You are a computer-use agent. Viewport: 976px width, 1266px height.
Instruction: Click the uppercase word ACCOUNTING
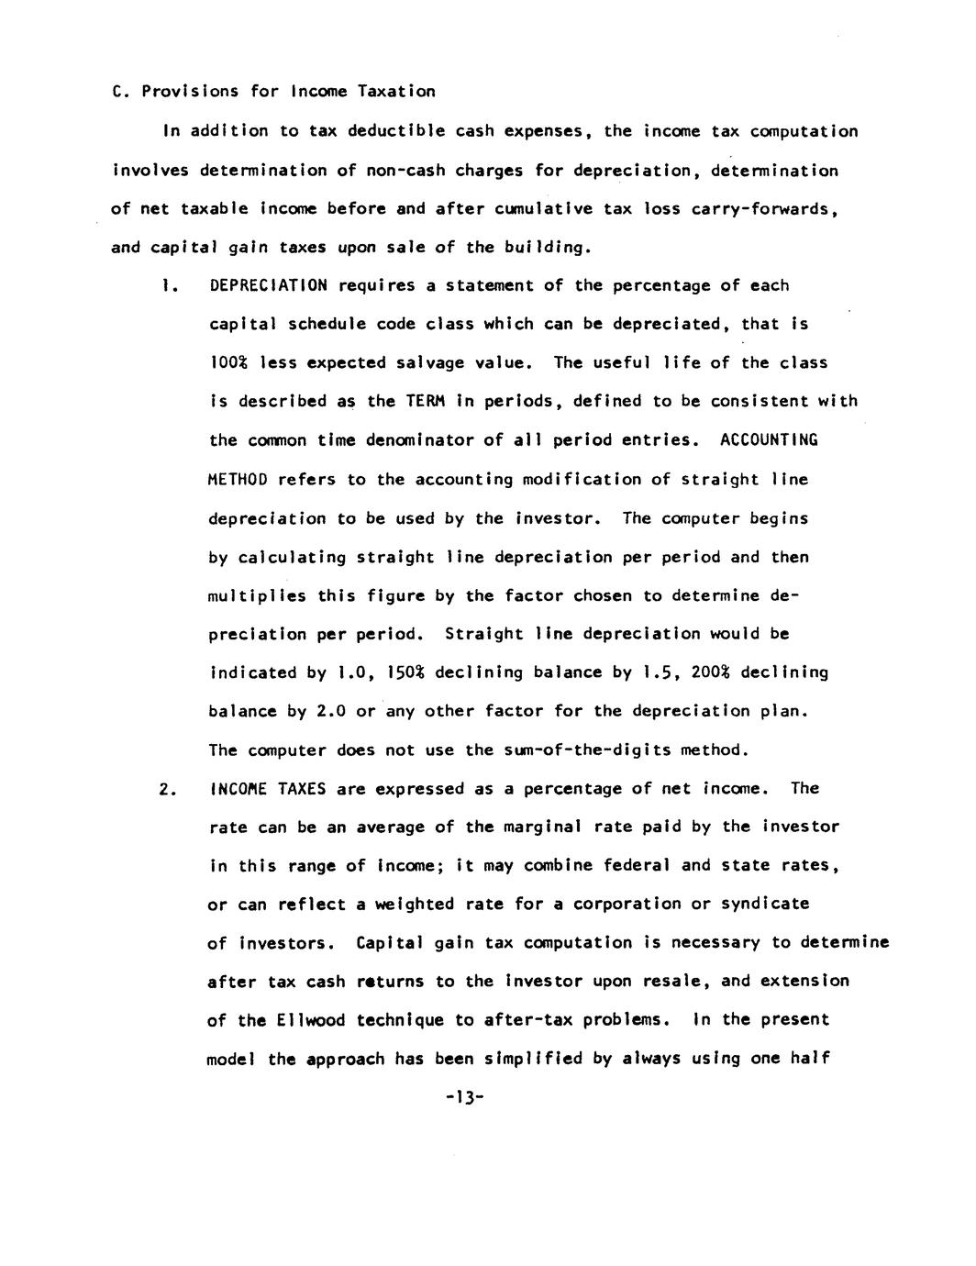[x=769, y=439]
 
